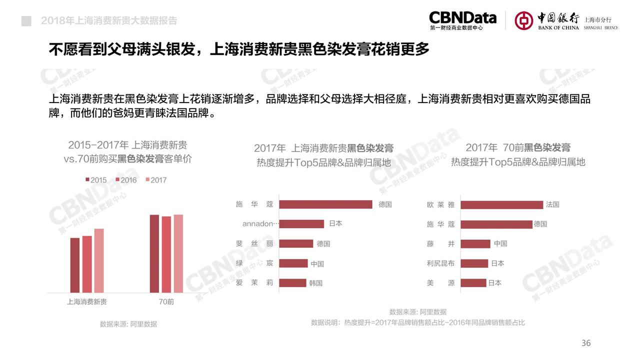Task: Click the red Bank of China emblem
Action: pos(524,20)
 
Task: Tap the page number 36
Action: pos(586,343)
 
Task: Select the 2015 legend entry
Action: pos(95,180)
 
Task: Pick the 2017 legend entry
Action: pos(155,180)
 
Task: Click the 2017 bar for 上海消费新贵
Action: pos(99,260)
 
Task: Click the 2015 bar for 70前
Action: pos(154,253)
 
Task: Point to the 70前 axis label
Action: pos(166,302)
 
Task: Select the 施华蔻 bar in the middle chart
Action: pos(325,204)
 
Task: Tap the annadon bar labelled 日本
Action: pos(301,223)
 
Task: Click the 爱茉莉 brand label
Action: pos(254,282)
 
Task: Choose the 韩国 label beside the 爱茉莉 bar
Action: pos(316,283)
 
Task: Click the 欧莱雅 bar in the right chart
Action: pos(501,204)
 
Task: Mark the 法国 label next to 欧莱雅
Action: pos(552,204)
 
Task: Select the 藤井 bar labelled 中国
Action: pos(475,243)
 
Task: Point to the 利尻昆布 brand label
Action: pos(440,263)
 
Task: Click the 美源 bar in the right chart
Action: pos(473,282)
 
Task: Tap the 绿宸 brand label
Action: pos(254,263)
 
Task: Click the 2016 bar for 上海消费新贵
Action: pos(87,263)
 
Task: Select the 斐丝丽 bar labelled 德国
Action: pos(296,243)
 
